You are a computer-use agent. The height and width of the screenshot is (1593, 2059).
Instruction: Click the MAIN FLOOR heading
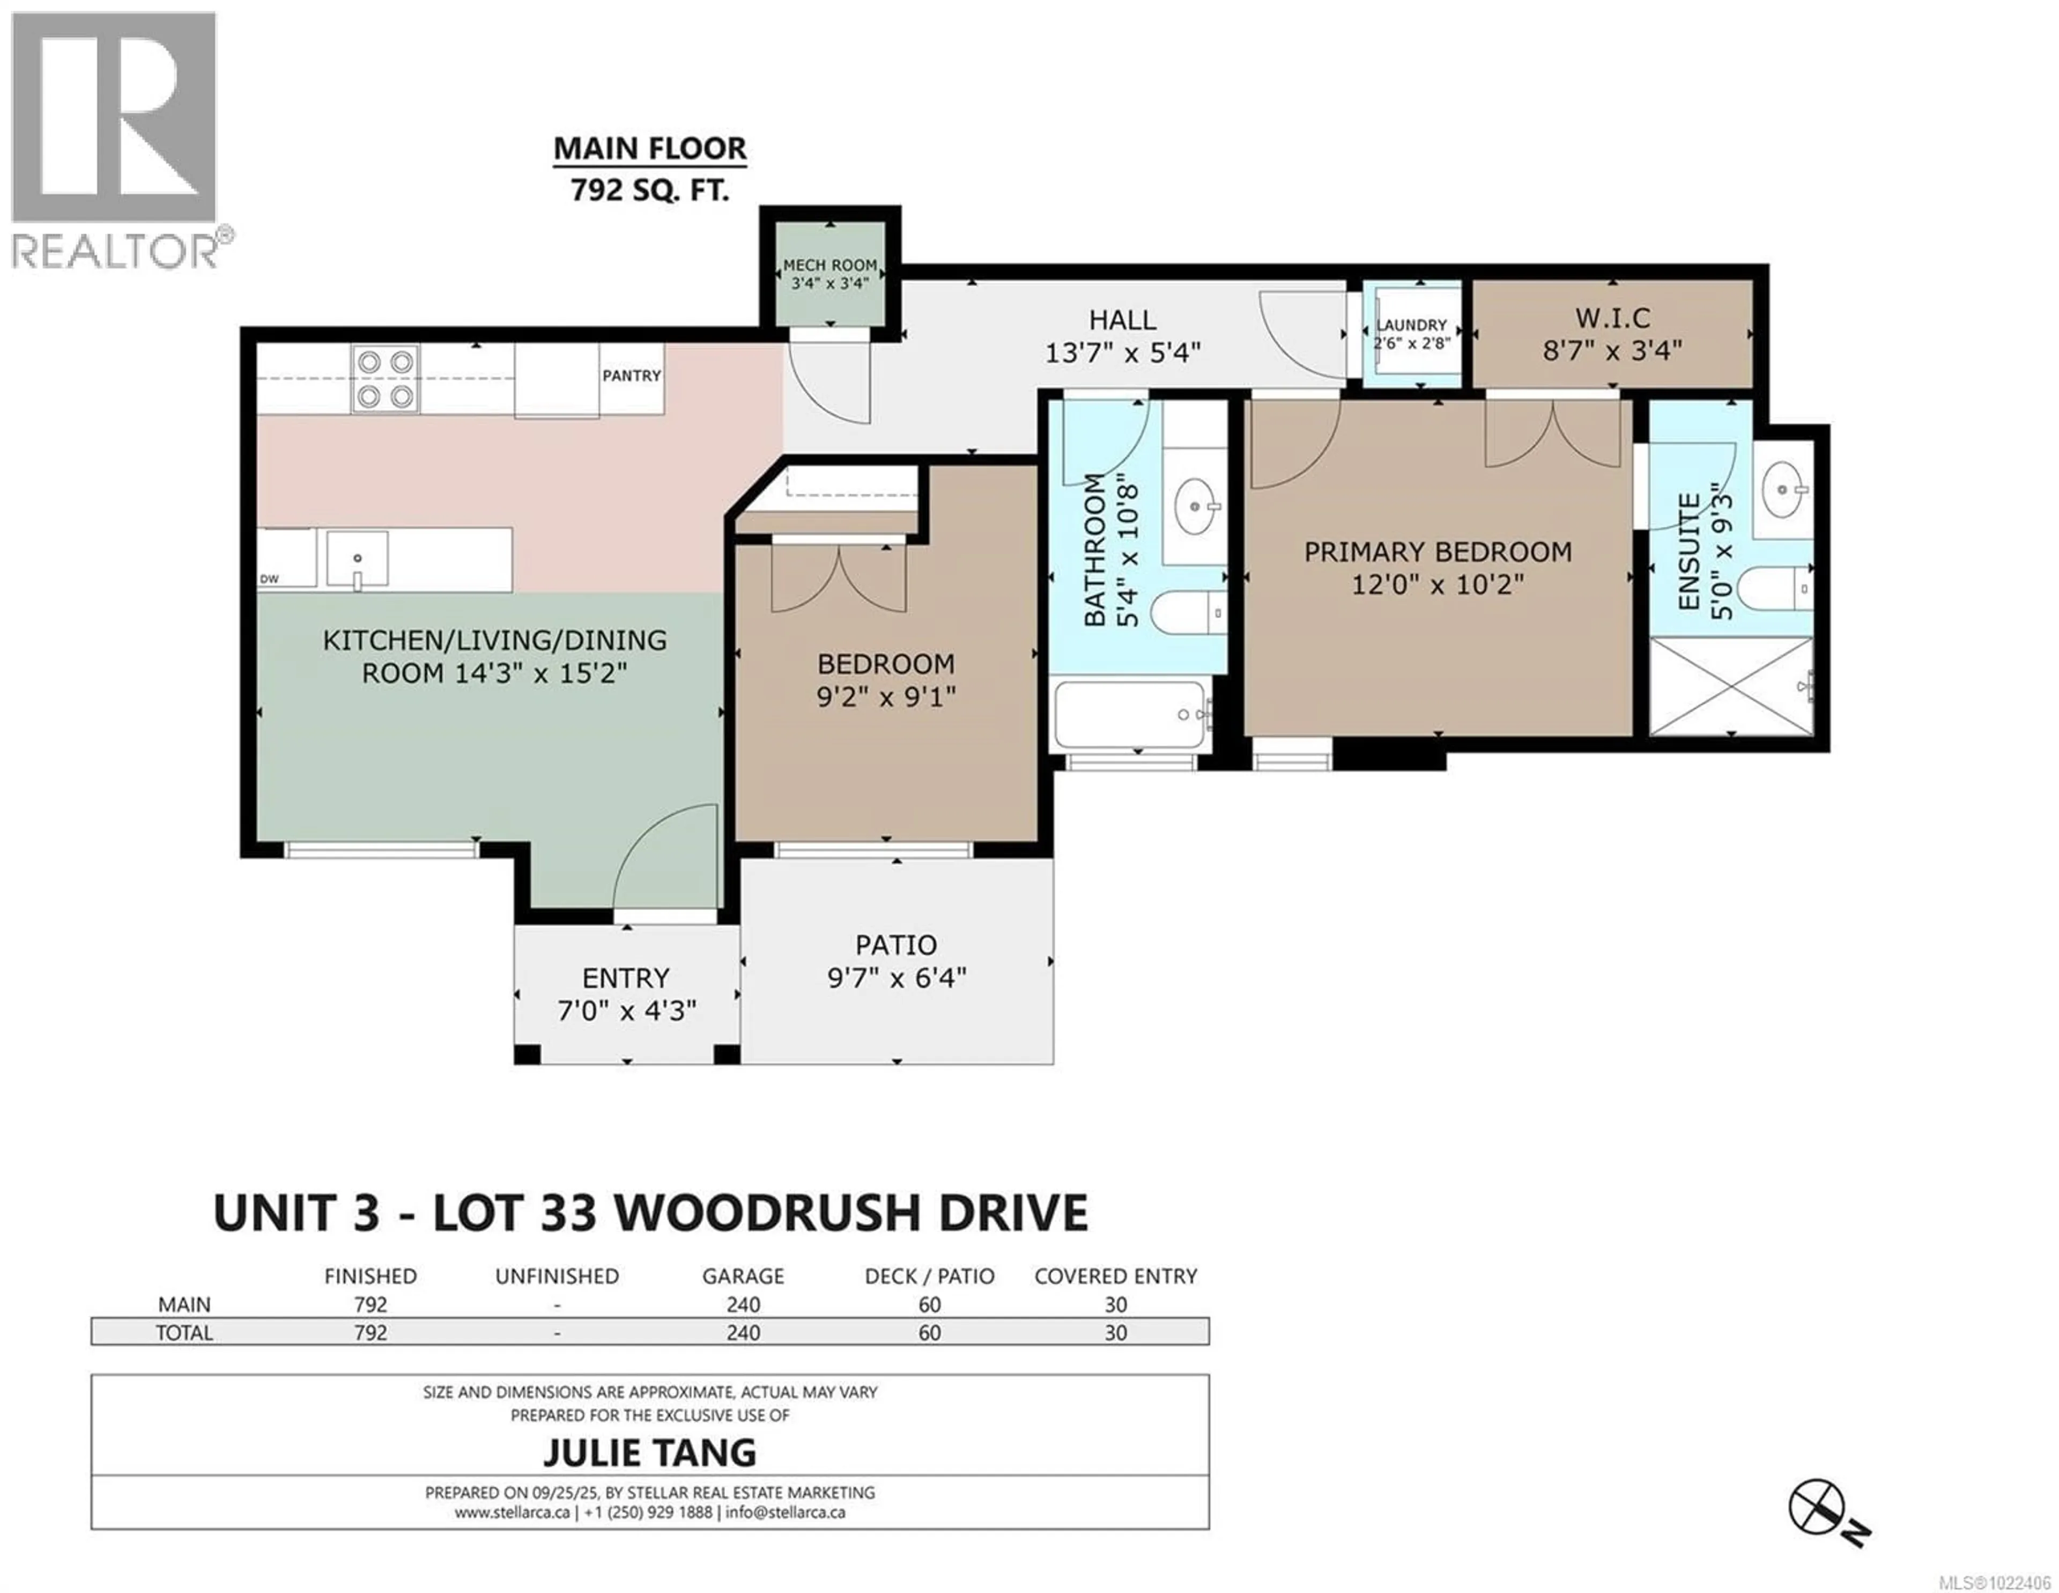(649, 149)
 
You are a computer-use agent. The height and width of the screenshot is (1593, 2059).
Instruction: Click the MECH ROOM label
(829, 266)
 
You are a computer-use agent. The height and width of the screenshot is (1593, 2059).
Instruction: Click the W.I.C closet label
(1612, 318)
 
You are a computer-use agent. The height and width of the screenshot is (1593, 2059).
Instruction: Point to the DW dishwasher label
(270, 579)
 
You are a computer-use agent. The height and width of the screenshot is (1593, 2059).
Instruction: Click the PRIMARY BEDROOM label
(1437, 552)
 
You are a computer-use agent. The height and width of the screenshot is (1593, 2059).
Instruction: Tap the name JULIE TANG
(649, 1452)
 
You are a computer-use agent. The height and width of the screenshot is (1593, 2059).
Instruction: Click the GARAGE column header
(742, 1276)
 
